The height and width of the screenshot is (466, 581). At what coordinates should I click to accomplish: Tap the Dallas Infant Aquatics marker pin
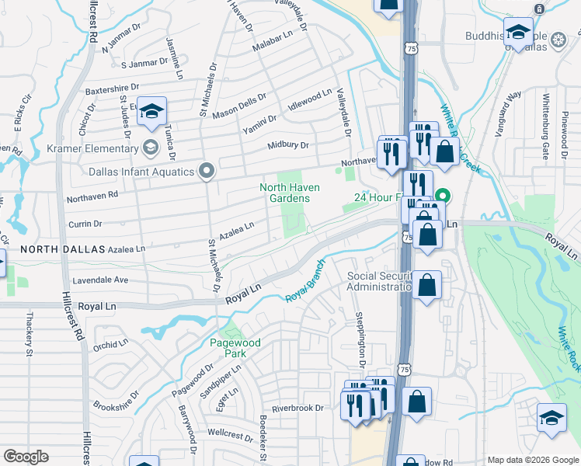(x=207, y=171)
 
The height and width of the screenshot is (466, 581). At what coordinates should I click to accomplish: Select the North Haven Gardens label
(x=289, y=193)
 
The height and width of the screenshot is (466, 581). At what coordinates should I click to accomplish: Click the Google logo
(x=26, y=457)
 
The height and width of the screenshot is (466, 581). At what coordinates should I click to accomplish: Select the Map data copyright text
(x=532, y=460)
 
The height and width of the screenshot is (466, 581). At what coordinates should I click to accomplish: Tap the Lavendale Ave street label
(x=100, y=280)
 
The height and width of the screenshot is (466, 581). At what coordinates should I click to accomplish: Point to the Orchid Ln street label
(x=110, y=343)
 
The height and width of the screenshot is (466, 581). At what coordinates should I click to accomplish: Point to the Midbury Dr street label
(x=288, y=144)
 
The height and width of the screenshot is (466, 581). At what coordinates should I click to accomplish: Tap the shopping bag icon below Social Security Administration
(x=427, y=284)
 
